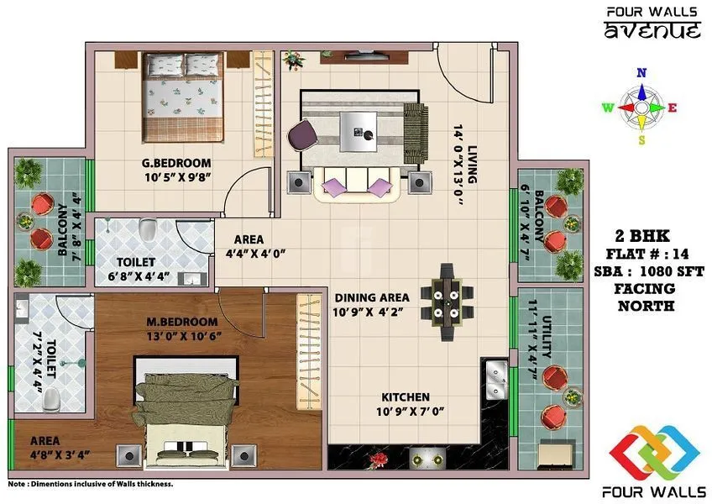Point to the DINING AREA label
click(372, 297)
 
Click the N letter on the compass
click(641, 73)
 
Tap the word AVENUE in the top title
click(652, 32)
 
